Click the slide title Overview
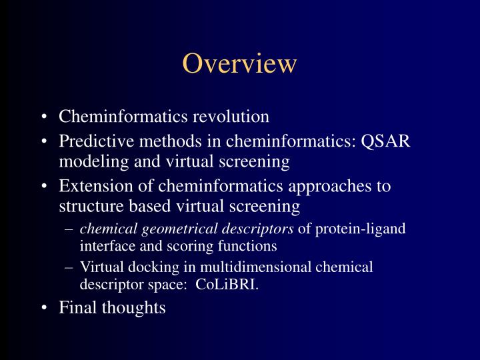pos(239,63)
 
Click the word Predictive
pos(92,142)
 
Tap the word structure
pos(88,207)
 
